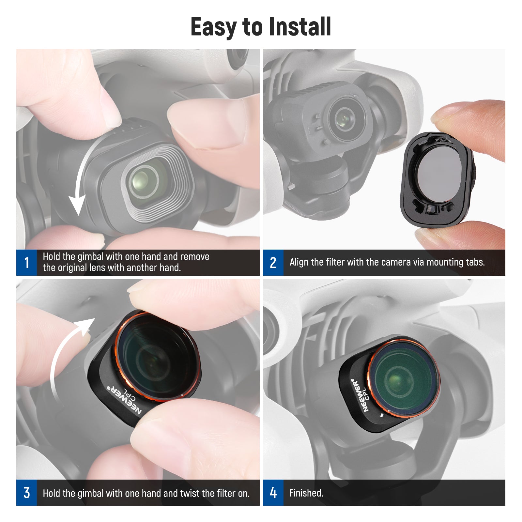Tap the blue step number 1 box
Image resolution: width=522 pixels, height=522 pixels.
pyautogui.click(x=26, y=263)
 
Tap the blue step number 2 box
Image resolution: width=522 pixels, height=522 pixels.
pyautogui.click(x=273, y=263)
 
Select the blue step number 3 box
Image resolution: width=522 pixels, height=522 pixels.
pyautogui.click(x=26, y=493)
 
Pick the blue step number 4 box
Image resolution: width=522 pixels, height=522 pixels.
pyautogui.click(x=273, y=493)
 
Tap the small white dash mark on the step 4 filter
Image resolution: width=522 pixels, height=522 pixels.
pyautogui.click(x=382, y=416)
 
